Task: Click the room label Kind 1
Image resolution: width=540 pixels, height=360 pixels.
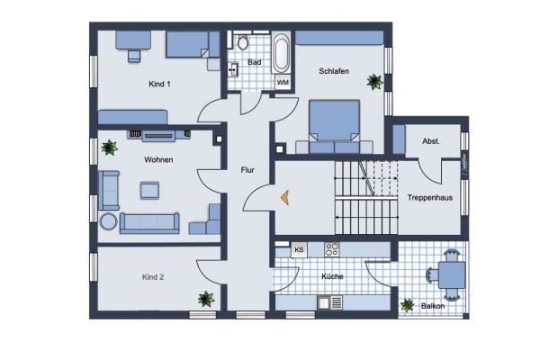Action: [x=159, y=84]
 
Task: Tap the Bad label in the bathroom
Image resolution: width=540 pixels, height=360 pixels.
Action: [x=255, y=62]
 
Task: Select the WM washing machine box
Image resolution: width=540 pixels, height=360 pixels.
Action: [x=282, y=83]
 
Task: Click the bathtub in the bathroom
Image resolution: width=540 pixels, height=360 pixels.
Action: [x=281, y=55]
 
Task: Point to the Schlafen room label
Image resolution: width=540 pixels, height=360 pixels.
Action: [x=333, y=71]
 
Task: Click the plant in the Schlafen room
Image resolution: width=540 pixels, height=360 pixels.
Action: [x=373, y=82]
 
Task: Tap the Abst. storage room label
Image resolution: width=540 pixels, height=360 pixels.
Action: [x=430, y=141]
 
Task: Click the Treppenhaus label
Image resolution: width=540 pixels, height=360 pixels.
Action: [x=427, y=197]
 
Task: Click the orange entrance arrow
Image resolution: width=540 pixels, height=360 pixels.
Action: [x=283, y=195]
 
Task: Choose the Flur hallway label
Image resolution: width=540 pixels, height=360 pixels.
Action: [x=247, y=169]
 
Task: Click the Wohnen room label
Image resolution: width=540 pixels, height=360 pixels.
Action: [x=157, y=159]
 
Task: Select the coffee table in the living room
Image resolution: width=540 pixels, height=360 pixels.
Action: [x=149, y=190]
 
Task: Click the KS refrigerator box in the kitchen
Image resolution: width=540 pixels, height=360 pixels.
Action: [x=298, y=249]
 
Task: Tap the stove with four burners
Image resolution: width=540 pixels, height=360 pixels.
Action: [x=332, y=250]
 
